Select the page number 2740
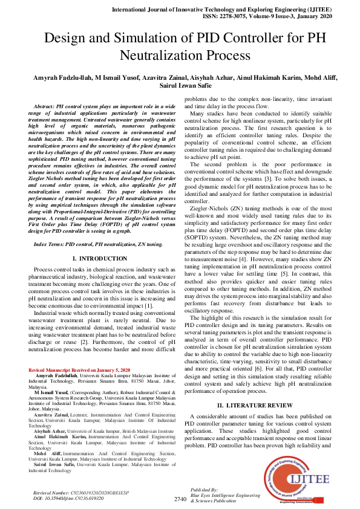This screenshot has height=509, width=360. pyautogui.click(x=180, y=499)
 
